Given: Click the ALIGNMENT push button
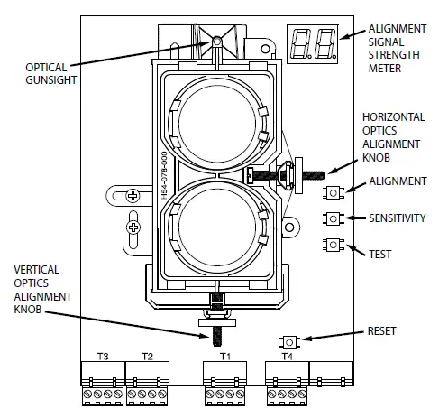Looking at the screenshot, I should coord(334,192).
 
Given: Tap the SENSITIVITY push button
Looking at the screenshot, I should coord(334,218).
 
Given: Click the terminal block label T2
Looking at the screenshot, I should coord(146,356).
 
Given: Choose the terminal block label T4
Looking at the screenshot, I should coord(287,356).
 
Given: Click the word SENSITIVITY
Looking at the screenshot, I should coord(401,218).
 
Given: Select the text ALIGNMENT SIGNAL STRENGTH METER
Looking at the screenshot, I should coord(398,51).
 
